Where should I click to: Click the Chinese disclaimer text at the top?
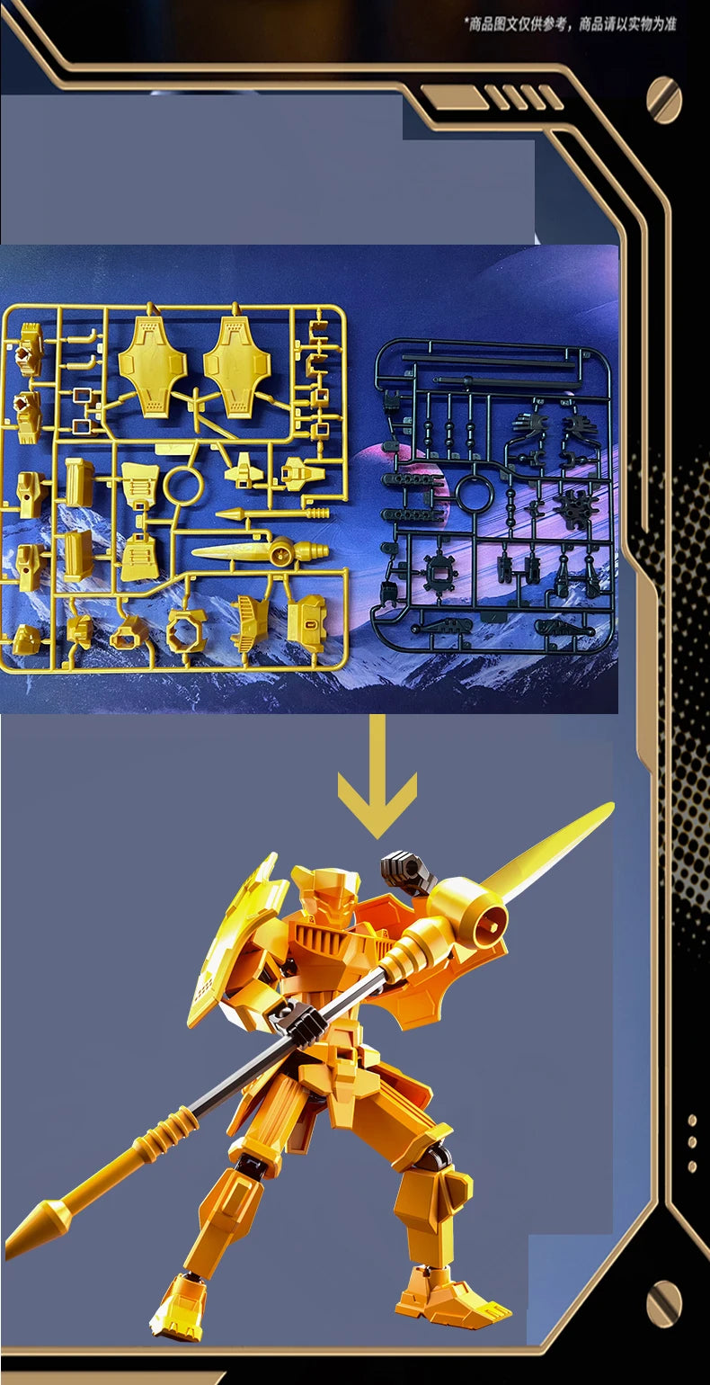tap(572, 24)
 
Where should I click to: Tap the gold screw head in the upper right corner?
tap(663, 100)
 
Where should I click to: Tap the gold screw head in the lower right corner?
tap(663, 1305)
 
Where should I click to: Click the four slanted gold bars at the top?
tap(523, 97)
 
